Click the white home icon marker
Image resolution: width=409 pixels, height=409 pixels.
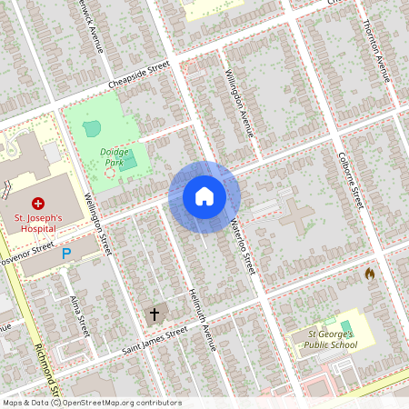204,196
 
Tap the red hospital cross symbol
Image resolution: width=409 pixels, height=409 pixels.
38,203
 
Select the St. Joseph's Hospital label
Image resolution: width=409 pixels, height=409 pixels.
37,224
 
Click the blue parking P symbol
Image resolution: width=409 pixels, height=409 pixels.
65,255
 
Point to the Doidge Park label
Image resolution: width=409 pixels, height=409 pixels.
115,157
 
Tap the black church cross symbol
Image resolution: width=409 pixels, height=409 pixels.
155,314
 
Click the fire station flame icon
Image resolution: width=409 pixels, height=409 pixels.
370,273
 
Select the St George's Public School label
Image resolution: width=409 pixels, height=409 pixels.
324,339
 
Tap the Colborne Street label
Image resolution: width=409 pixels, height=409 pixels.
351,183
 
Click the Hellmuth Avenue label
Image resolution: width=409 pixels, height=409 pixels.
203,318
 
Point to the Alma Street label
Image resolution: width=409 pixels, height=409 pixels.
79,317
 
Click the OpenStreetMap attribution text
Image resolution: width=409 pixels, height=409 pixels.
91,403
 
